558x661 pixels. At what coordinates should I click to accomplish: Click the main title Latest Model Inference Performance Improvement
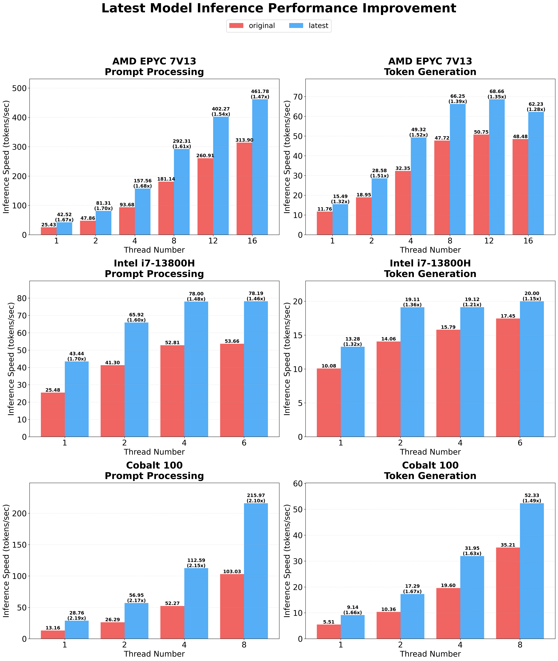click(x=279, y=8)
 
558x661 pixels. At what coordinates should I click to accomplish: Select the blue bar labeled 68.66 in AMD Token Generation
click(x=497, y=167)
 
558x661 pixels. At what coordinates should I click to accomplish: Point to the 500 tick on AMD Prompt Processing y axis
click(x=19, y=88)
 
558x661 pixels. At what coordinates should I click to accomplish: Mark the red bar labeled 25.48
click(x=53, y=414)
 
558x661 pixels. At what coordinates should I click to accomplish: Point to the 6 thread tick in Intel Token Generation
click(x=520, y=443)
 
